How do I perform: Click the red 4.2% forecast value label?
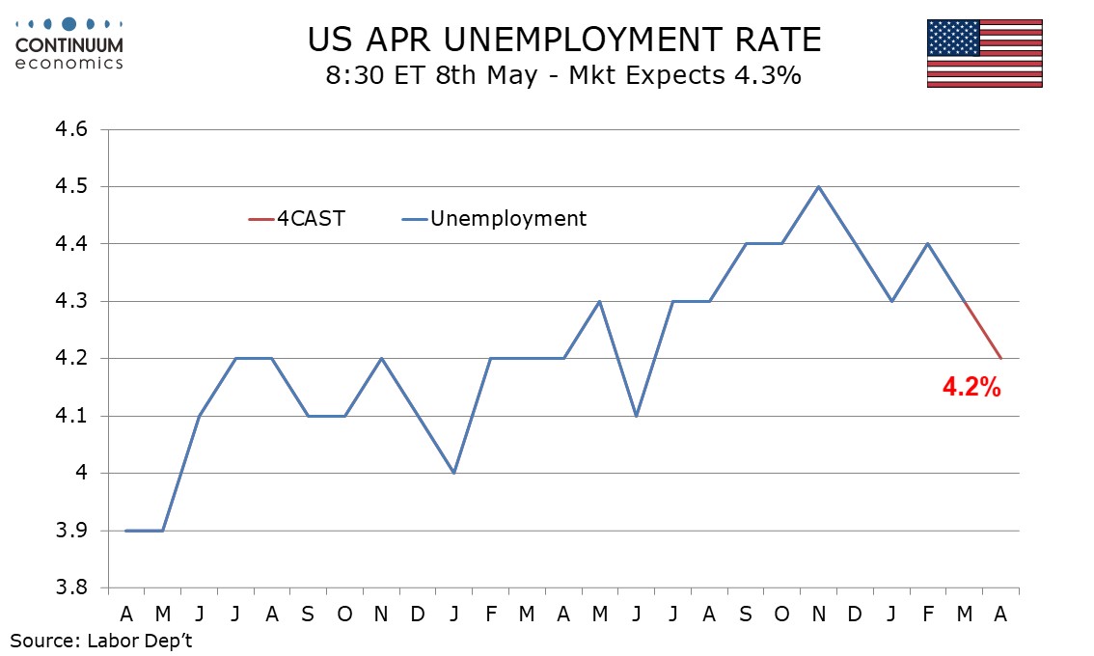point(971,389)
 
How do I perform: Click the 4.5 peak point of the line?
point(819,186)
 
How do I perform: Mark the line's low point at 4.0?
point(453,473)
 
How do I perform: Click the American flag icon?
point(984,53)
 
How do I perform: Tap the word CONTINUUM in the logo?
point(69,44)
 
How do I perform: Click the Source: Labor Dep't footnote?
point(102,639)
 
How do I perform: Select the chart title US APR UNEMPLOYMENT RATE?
point(564,40)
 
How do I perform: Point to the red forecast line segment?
point(982,330)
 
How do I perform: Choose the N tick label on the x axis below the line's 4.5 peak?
point(819,613)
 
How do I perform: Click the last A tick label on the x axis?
point(1000,613)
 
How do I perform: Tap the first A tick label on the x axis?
point(126,613)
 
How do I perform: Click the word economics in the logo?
point(69,63)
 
